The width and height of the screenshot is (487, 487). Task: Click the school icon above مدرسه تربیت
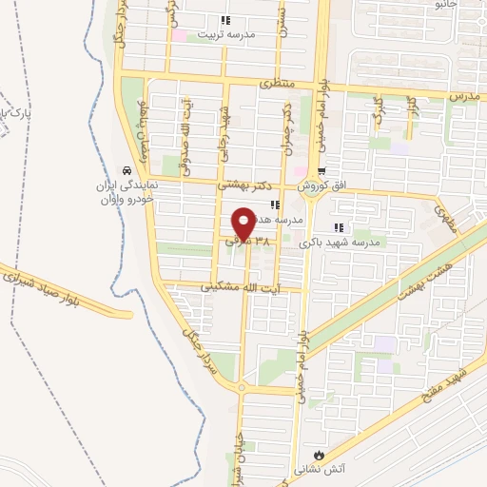point(225,20)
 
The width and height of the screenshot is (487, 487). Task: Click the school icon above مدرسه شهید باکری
point(339,228)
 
